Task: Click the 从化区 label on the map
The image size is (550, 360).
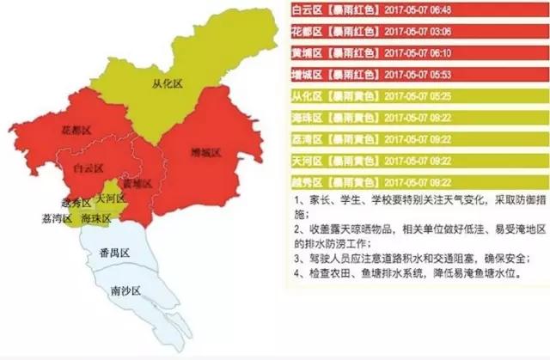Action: (x=168, y=84)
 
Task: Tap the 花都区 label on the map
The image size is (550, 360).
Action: (x=76, y=130)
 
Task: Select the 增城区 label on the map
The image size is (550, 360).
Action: (x=206, y=152)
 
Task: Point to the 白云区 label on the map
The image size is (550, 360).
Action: (x=89, y=168)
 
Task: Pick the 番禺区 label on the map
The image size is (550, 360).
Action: (x=113, y=253)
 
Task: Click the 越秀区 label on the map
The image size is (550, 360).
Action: (x=76, y=203)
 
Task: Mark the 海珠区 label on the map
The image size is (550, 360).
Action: (x=96, y=219)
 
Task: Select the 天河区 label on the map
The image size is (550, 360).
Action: (x=111, y=198)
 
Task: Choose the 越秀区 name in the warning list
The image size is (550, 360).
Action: (x=307, y=182)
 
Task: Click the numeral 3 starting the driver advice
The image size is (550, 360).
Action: (x=296, y=256)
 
